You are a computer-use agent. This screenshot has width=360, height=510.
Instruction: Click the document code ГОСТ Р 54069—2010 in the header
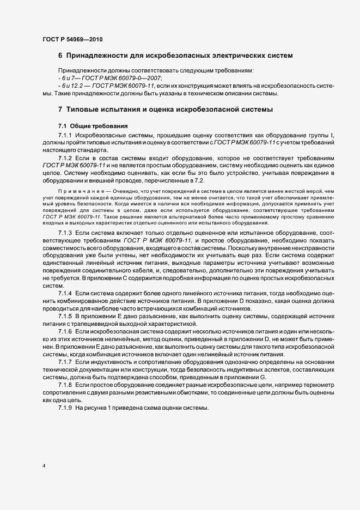pos(72,39)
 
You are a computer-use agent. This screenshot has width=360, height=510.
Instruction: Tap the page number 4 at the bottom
pos(44,466)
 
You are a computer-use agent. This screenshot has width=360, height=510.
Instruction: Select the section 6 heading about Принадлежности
pos(175,56)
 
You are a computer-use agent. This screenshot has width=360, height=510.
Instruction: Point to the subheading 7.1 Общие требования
pos(93,126)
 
